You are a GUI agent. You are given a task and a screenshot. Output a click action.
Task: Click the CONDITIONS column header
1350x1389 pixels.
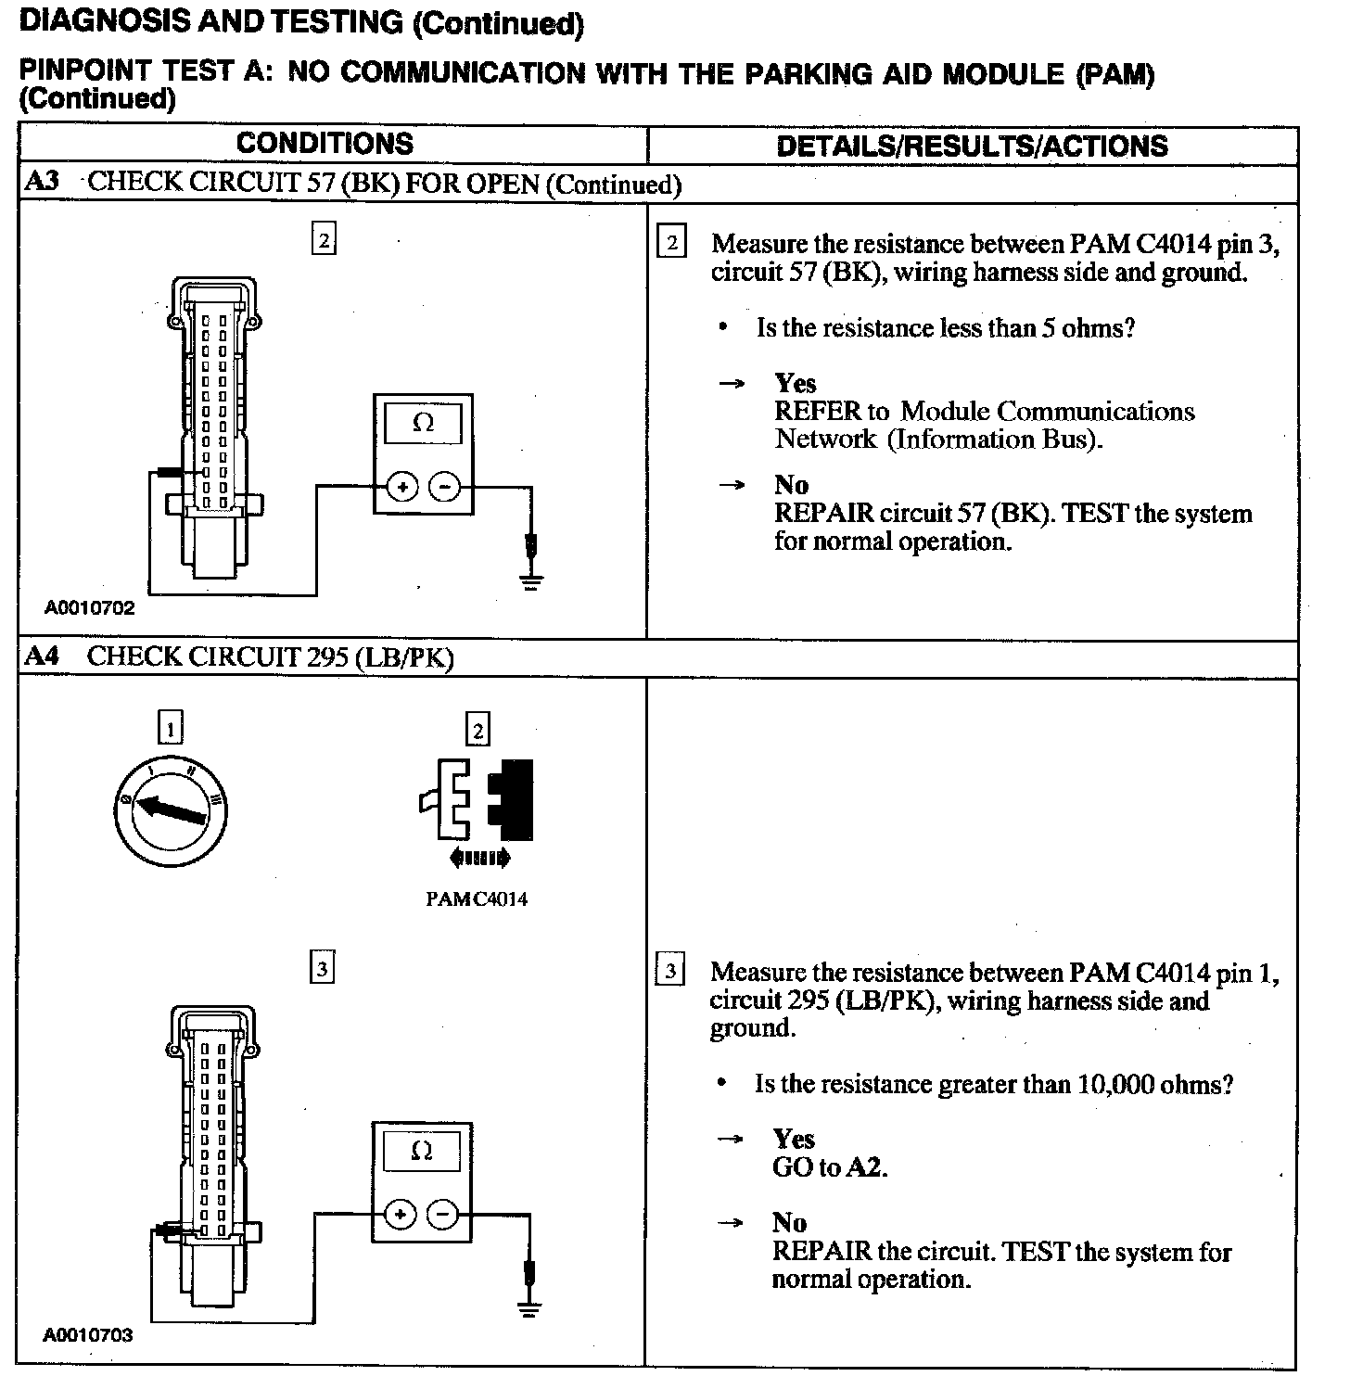pos(325,144)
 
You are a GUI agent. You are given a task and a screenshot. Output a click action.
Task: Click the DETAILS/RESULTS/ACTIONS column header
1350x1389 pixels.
pos(972,146)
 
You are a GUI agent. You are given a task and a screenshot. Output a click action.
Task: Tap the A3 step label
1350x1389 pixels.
pos(41,182)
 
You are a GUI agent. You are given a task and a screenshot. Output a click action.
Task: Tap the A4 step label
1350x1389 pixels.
pos(41,657)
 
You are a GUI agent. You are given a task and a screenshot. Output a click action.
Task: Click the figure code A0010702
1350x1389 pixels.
pos(89,608)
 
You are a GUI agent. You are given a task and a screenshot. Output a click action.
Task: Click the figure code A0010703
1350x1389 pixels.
pos(88,1336)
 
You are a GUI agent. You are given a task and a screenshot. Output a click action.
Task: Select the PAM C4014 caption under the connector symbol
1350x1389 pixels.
pos(477,899)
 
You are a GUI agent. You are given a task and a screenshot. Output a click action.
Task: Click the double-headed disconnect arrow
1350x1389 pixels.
pos(478,859)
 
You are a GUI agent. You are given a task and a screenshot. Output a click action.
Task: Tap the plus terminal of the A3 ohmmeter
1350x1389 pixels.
pos(402,486)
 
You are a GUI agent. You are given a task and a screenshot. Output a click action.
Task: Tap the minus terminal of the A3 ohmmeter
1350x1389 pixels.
pos(446,486)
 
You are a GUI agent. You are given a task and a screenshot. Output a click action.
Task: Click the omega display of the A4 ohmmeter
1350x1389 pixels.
pos(421,1151)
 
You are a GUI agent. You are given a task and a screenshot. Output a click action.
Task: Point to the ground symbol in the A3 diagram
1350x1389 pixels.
pos(531,582)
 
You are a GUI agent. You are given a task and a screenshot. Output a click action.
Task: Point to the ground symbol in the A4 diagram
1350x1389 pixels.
pos(530,1309)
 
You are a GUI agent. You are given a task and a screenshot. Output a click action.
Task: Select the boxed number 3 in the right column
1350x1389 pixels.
pos(669,972)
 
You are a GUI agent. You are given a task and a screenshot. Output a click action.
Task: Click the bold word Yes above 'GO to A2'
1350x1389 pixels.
pos(794,1140)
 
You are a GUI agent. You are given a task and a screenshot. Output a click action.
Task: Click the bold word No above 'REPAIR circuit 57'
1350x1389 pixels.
pos(792,485)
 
